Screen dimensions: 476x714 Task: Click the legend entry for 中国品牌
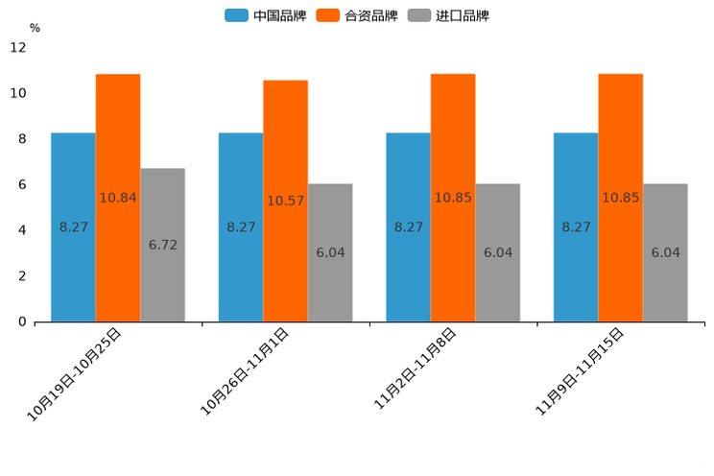pyautogui.click(x=266, y=15)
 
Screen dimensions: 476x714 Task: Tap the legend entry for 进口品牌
pyautogui.click(x=448, y=15)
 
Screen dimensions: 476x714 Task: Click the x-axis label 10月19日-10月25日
pyautogui.click(x=75, y=374)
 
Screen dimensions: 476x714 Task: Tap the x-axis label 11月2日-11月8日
pyautogui.click(x=415, y=370)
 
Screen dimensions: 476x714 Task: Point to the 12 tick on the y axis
pyautogui.click(x=18, y=47)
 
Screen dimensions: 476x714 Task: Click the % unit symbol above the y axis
pyautogui.click(x=35, y=29)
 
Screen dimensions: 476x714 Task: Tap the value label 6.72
pyautogui.click(x=162, y=245)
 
